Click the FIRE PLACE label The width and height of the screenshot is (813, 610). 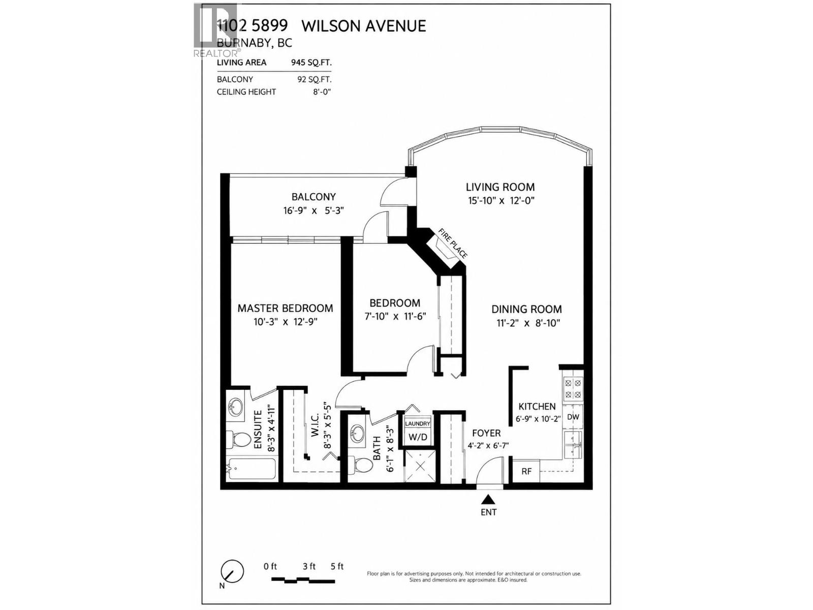click(453, 243)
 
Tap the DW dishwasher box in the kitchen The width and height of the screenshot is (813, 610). click(573, 417)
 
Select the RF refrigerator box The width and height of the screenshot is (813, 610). click(526, 471)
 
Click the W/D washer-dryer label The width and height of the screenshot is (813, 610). click(418, 437)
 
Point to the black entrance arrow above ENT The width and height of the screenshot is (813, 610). click(488, 500)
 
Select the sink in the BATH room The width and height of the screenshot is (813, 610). click(357, 432)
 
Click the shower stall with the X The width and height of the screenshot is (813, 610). click(420, 466)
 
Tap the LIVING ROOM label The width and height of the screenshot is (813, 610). click(500, 187)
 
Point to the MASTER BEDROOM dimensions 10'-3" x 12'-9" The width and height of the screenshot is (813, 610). click(286, 322)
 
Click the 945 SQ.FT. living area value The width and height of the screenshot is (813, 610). click(311, 62)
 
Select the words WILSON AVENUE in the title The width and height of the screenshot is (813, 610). click(364, 26)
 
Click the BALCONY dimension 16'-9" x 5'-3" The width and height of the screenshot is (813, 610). click(314, 211)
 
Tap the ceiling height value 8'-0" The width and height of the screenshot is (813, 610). click(322, 91)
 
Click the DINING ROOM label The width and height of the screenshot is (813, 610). click(526, 309)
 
